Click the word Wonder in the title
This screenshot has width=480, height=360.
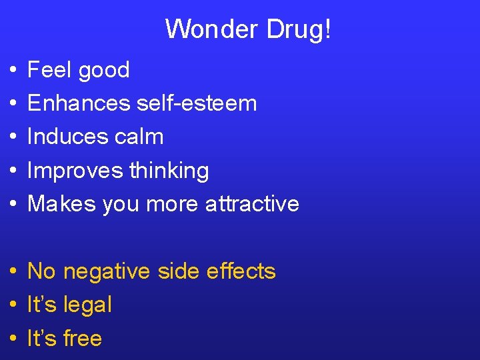[206, 29]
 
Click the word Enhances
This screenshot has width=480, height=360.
[79, 103]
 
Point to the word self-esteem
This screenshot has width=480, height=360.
[197, 103]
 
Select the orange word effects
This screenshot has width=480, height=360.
[241, 271]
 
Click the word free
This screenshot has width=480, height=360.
[82, 339]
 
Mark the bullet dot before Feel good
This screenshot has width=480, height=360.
[14, 71]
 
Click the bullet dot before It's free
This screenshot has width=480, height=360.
[14, 339]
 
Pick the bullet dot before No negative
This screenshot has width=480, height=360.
[14, 272]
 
